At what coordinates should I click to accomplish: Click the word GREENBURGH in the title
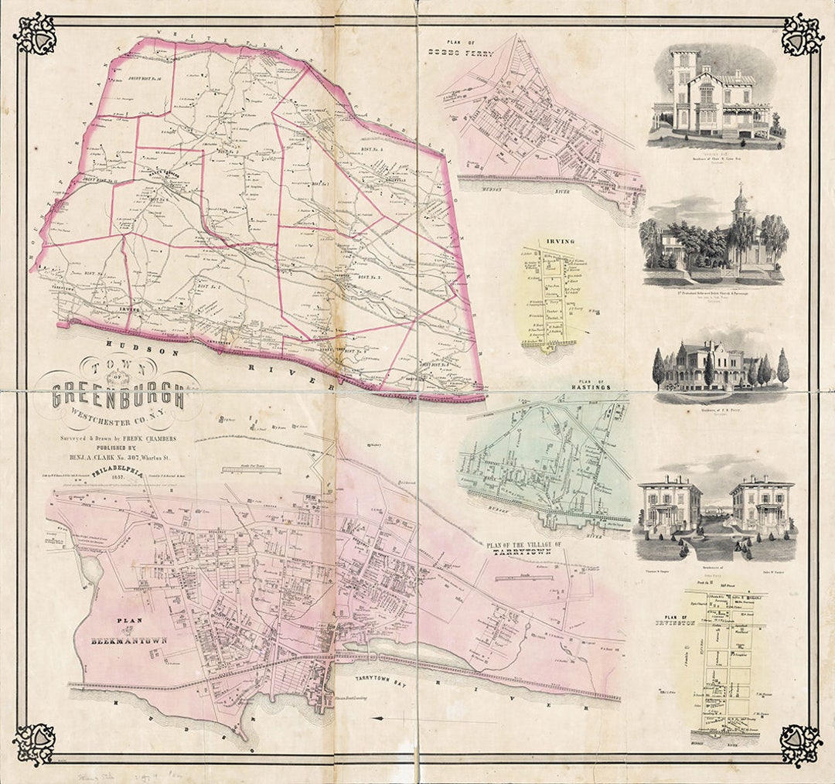tap(118, 396)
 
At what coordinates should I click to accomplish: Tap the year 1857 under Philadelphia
tap(117, 477)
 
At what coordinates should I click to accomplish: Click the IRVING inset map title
tap(561, 242)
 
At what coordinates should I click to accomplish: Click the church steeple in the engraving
tap(741, 203)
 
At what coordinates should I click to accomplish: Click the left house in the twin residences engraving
tap(669, 506)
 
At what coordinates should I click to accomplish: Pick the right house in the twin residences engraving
tap(762, 506)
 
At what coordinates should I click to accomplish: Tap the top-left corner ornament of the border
tap(34, 33)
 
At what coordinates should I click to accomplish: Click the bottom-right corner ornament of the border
tap(800, 745)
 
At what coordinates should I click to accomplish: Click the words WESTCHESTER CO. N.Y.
tap(118, 421)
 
